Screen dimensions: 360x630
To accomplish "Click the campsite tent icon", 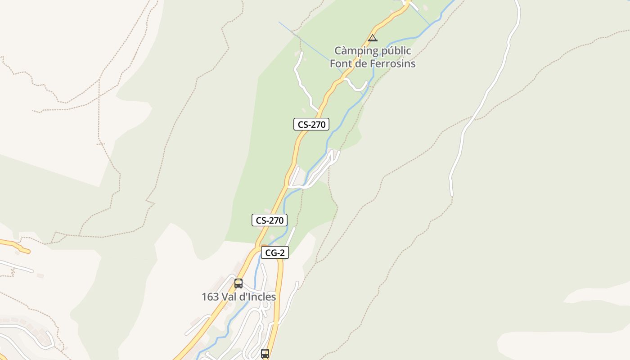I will [x=372, y=38].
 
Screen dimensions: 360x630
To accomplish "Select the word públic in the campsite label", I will [x=396, y=50].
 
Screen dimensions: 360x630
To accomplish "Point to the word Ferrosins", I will [x=392, y=63].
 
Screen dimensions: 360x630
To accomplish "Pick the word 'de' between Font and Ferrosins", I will [x=361, y=63].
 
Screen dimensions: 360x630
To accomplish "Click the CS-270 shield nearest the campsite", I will [x=311, y=125].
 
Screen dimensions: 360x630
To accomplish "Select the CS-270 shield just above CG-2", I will [x=270, y=220].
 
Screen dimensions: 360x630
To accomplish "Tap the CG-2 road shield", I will [x=274, y=253].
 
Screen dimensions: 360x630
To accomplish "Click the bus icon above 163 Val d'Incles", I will [x=238, y=283].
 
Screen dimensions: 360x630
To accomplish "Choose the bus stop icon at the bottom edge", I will [x=265, y=354].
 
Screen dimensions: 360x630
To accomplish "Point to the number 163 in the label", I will [x=210, y=297].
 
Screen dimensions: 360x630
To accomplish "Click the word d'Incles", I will [x=259, y=297].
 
